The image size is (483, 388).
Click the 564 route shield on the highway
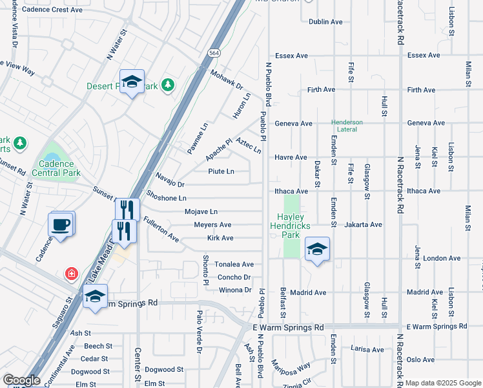[x=214, y=52]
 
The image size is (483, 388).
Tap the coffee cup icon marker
[x=61, y=225]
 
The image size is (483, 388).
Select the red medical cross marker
[x=70, y=275]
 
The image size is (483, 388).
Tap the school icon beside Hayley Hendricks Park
[x=317, y=249]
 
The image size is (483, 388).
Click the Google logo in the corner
[x=21, y=380]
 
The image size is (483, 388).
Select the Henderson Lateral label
[x=347, y=125]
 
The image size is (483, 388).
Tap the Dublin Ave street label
[x=325, y=22]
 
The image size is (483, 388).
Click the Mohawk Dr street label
[x=226, y=80]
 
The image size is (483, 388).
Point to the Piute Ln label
[x=221, y=171]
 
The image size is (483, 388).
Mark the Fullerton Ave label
[x=161, y=229]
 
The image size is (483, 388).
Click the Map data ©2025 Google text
[x=442, y=383]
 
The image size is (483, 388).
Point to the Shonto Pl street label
[x=206, y=270]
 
